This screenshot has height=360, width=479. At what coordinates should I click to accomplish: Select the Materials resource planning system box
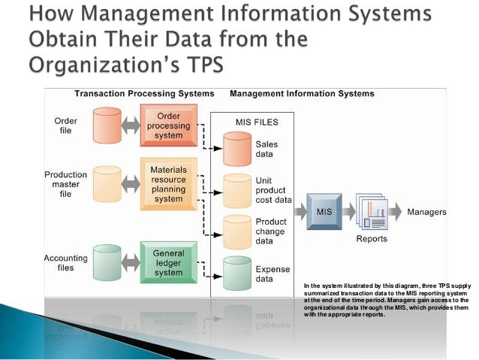169,184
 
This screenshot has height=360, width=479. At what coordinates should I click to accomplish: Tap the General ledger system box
169,259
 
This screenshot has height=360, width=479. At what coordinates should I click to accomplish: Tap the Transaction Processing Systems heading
144,94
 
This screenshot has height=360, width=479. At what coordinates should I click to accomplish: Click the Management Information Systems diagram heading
301,94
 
